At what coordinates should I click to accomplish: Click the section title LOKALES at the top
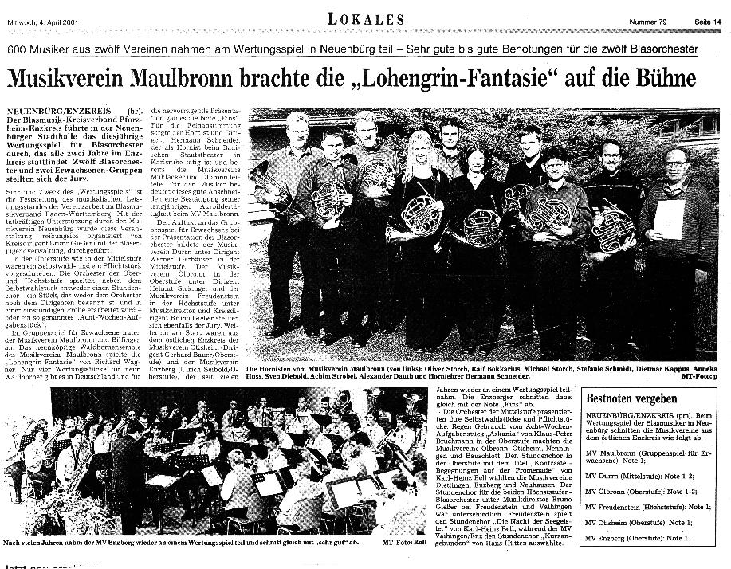(365, 18)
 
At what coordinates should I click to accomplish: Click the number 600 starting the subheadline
(18, 49)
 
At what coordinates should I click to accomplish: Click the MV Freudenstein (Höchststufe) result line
(644, 507)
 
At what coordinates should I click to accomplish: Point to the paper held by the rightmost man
(668, 218)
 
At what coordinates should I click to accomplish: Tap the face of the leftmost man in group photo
(297, 126)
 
